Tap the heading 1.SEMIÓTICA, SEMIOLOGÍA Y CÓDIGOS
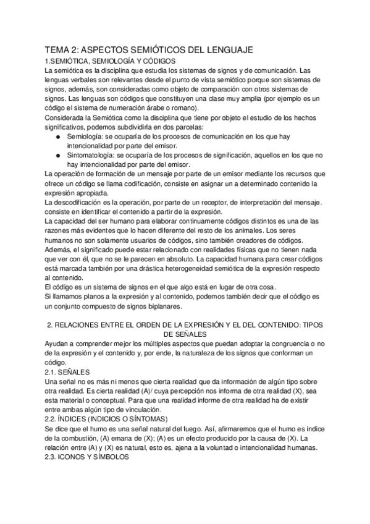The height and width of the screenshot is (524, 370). pos(111,62)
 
